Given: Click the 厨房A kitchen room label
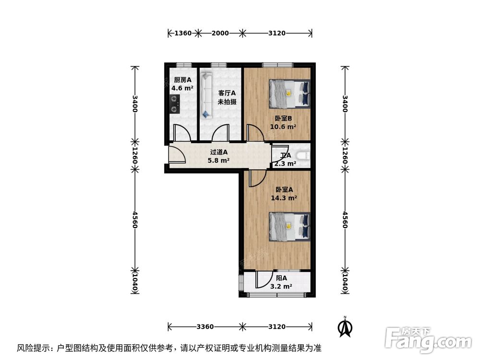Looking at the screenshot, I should click(x=182, y=80).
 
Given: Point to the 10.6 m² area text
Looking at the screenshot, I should click(x=283, y=127).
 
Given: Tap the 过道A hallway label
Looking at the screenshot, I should click(x=218, y=152).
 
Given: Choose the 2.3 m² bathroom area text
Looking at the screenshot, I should click(x=285, y=164).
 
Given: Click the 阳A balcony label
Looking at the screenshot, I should click(x=281, y=278).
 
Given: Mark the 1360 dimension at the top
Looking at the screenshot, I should click(x=183, y=33).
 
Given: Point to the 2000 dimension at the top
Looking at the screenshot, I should click(x=220, y=33).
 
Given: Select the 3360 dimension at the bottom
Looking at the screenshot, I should click(x=204, y=326).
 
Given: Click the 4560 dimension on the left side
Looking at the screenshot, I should click(x=135, y=219).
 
